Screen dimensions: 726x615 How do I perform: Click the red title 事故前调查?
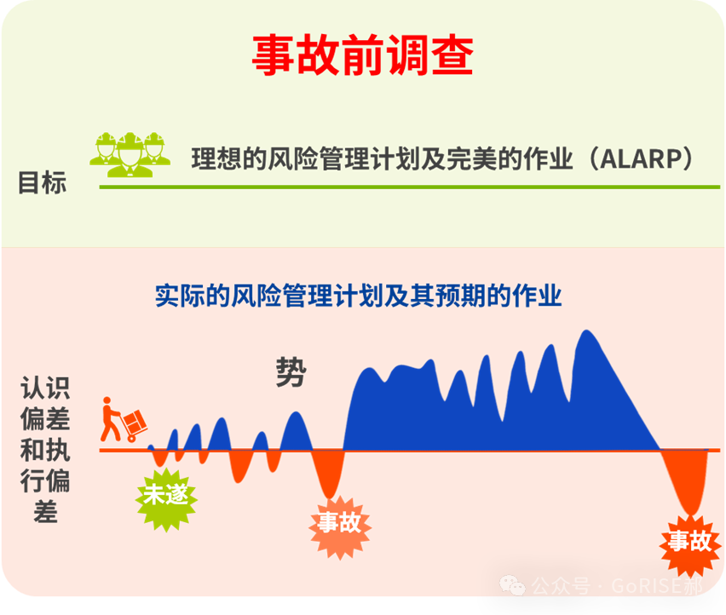click(x=362, y=55)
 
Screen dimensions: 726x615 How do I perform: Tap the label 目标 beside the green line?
click(x=42, y=182)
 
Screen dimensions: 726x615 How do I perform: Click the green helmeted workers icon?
click(x=130, y=154)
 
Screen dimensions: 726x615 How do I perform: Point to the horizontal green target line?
click(x=410, y=187)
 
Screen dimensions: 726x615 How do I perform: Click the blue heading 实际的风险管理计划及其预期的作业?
click(x=359, y=296)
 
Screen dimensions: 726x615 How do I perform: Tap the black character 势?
click(x=291, y=372)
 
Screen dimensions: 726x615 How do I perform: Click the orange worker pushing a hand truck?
click(x=124, y=419)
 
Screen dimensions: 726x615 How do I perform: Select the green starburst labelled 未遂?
click(x=166, y=499)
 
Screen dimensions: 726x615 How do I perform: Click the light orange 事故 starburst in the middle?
click(x=340, y=527)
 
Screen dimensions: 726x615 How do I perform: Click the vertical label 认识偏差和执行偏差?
click(x=45, y=450)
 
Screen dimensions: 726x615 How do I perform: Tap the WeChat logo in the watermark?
click(x=512, y=585)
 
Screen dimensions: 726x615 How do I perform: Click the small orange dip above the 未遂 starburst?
click(x=160, y=457)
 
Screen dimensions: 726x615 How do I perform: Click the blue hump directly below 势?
click(x=296, y=431)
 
